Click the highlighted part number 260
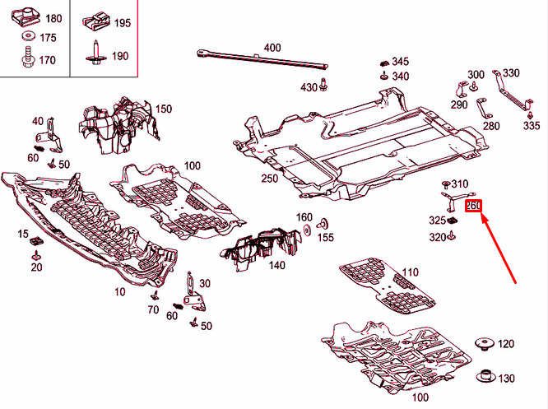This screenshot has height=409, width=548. [x=473, y=206]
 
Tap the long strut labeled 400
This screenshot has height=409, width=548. [x=262, y=59]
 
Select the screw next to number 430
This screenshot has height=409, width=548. [x=323, y=84]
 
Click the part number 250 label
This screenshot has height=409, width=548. [x=269, y=179]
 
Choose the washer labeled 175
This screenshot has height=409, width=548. [x=29, y=36]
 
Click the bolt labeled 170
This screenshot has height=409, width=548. [x=28, y=58]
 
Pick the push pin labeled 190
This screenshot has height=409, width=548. [x=96, y=53]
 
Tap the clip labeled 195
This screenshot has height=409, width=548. [x=96, y=21]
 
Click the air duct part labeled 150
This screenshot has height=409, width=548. [x=117, y=126]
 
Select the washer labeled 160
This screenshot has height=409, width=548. [x=308, y=230]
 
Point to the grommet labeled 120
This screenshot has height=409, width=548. [x=485, y=343]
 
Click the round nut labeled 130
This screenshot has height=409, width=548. [x=485, y=375]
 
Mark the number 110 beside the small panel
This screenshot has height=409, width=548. [x=410, y=272]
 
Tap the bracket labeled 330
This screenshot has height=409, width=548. [x=512, y=91]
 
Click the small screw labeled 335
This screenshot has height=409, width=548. [x=530, y=115]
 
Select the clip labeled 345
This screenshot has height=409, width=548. [x=384, y=63]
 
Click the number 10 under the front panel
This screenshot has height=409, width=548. [x=120, y=292]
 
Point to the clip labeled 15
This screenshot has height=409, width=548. [x=36, y=241]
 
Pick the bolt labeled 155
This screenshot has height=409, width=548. [x=323, y=224]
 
